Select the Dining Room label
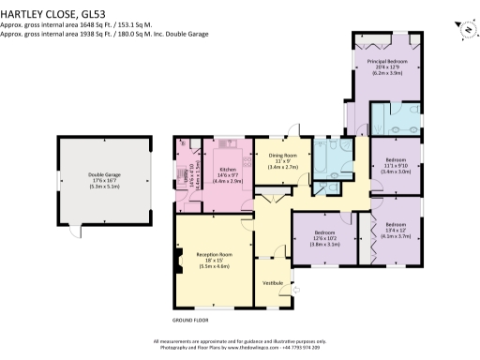coord(283,155)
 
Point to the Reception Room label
coord(214,254)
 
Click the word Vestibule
coord(273,281)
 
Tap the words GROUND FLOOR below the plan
coord(190,320)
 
